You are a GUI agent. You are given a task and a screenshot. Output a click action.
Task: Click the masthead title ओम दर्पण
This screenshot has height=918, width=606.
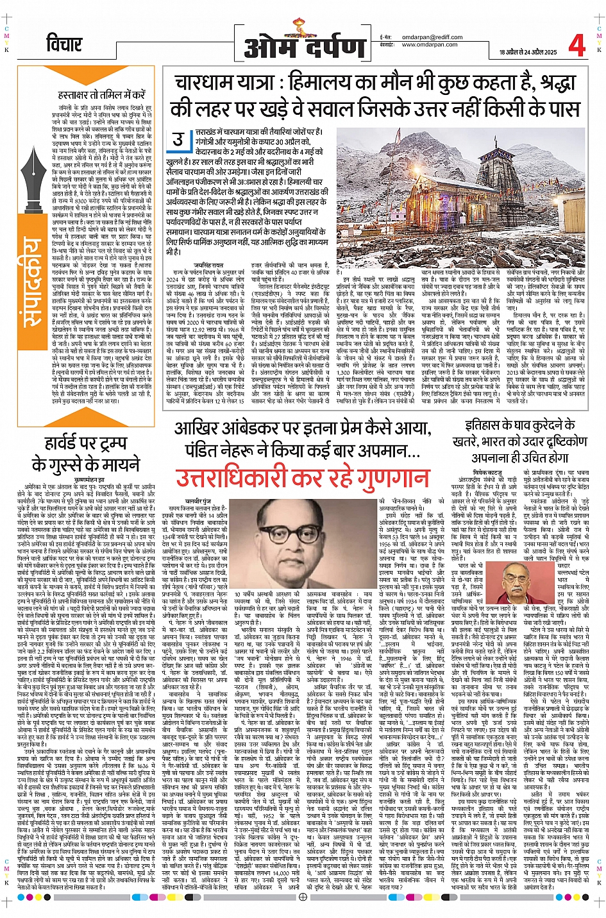305,47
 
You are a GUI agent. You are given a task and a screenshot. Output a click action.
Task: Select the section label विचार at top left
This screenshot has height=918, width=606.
65,44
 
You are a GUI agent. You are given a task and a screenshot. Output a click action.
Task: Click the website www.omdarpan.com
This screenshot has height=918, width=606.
430,45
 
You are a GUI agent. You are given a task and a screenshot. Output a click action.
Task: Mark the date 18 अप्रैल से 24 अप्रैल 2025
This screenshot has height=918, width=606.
528,52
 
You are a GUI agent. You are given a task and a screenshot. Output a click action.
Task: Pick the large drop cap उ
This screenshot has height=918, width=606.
179,139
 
